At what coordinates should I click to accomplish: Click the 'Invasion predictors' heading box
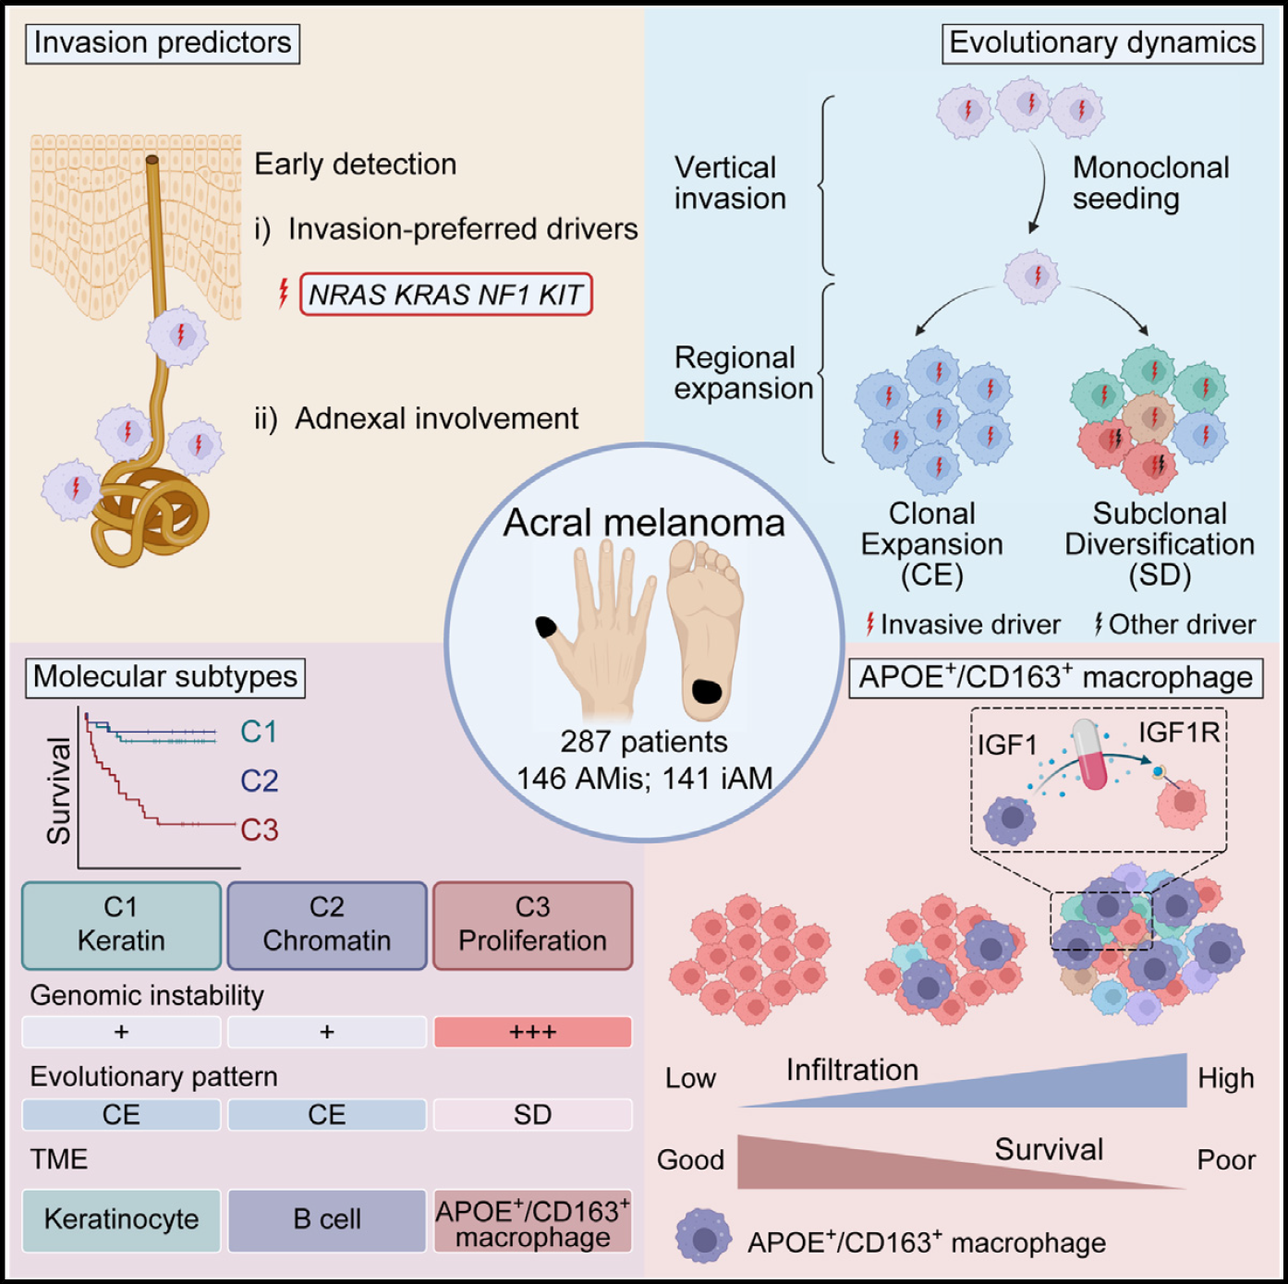(163, 42)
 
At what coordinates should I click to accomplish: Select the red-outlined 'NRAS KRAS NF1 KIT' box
(445, 295)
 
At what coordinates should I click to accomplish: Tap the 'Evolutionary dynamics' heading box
(1102, 42)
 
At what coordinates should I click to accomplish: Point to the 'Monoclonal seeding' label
(1150, 183)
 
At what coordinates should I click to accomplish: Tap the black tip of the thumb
(546, 628)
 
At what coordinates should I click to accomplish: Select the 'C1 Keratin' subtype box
(121, 925)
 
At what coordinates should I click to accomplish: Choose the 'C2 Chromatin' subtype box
(327, 925)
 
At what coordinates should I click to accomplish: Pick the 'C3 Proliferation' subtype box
(533, 925)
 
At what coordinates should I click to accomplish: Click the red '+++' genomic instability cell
(533, 1032)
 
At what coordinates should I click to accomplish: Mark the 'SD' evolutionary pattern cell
(533, 1115)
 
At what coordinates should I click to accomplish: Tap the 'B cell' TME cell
(327, 1219)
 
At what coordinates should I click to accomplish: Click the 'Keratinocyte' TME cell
(121, 1219)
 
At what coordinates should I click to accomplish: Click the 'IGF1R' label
(1179, 733)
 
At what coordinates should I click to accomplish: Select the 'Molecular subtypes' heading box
(164, 677)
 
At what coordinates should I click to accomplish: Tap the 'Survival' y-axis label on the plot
(59, 791)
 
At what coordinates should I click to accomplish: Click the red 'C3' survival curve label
(260, 830)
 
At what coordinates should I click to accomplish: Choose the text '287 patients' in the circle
(644, 742)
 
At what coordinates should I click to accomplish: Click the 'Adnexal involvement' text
(436, 418)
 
